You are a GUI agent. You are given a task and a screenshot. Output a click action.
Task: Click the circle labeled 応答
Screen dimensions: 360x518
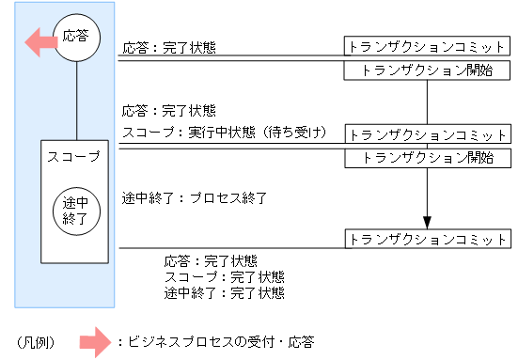(75, 38)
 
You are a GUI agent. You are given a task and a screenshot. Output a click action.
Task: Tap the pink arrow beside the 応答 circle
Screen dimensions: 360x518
(40, 40)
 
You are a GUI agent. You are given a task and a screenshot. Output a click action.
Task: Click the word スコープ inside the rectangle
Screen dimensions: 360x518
(74, 156)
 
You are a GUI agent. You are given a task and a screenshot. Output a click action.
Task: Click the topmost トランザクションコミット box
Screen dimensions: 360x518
(428, 46)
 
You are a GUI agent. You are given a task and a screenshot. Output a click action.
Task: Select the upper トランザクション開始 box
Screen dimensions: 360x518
(428, 70)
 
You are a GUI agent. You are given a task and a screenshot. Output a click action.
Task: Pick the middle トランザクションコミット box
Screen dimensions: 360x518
(428, 133)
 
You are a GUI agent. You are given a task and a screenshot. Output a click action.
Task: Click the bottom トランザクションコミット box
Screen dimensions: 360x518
(428, 239)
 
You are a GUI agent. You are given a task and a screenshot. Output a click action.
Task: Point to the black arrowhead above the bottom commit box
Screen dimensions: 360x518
(428, 223)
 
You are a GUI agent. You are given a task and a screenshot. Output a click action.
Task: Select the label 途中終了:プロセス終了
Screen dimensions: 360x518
(196, 198)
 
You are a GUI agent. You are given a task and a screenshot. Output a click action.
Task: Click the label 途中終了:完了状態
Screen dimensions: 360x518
(224, 292)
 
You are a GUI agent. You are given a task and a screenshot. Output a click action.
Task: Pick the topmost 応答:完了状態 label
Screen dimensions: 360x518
(168, 46)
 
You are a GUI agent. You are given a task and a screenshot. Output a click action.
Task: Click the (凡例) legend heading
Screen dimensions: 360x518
(36, 340)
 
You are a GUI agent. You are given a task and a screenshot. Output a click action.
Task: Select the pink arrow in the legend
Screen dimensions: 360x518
(96, 340)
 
